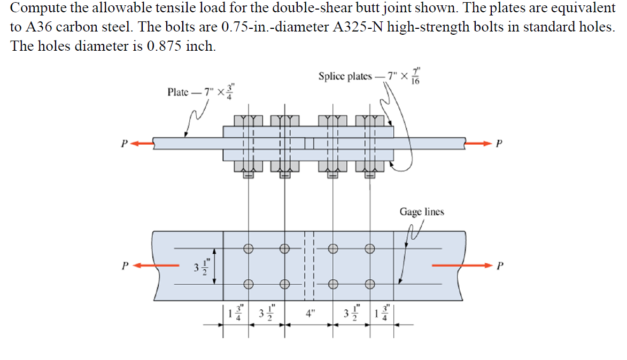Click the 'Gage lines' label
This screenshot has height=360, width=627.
(421, 212)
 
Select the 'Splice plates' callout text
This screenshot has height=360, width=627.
(345, 76)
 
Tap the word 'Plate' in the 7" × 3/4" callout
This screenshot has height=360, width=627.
(178, 92)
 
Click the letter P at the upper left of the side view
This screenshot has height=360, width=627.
(124, 143)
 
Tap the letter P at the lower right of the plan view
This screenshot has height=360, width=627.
(499, 265)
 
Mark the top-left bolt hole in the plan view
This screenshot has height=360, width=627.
(248, 248)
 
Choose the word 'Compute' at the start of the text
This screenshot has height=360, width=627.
(37, 8)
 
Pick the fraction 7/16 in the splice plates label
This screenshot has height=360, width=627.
(417, 76)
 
